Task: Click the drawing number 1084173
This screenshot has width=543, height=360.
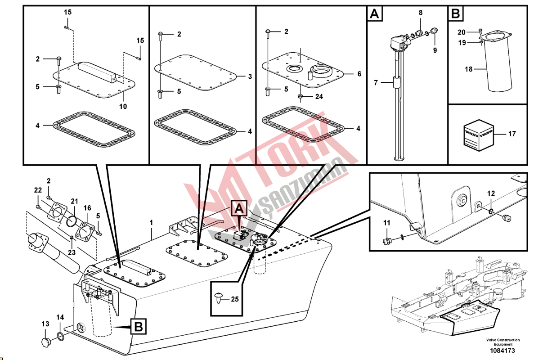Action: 503,351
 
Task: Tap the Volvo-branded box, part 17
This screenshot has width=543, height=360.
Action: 479,135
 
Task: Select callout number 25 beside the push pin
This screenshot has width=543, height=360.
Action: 235,298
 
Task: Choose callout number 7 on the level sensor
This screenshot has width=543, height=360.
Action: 377,82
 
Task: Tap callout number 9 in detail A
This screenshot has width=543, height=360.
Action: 435,50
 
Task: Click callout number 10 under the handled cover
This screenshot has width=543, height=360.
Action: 123,107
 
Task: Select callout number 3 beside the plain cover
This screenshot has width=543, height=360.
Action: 250,76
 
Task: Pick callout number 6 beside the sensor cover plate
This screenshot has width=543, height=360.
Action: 359,74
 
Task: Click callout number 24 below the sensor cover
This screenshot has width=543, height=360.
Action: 319,96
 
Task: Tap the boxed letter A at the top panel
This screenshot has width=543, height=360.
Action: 375,15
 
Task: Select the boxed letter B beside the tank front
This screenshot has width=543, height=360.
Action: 139,326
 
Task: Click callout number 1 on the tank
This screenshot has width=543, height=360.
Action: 151,222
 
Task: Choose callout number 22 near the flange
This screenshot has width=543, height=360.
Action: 38,190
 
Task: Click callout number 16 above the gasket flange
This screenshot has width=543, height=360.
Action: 87,208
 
